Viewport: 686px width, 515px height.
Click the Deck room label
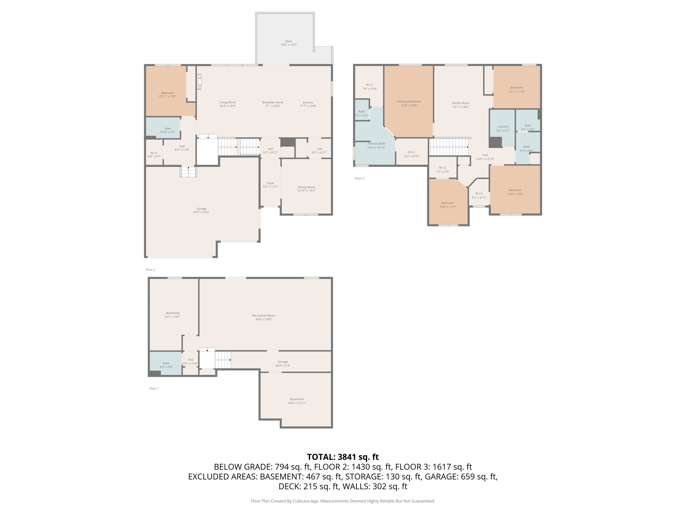click(288, 41)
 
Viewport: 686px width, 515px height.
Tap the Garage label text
click(201, 209)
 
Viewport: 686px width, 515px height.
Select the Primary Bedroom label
click(409, 102)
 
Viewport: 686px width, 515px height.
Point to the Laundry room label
click(503, 127)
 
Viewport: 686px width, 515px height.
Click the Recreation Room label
click(264, 316)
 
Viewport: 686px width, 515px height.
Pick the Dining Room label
click(306, 187)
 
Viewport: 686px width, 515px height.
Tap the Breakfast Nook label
click(273, 102)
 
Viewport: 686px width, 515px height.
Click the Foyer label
click(270, 183)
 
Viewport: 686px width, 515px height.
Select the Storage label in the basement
click(282, 362)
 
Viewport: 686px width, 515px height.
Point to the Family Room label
click(461, 103)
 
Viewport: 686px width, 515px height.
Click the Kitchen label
click(308, 102)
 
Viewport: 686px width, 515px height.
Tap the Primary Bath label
click(376, 144)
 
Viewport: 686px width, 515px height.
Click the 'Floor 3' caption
click(359, 178)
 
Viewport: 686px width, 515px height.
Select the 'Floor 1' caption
click(154, 389)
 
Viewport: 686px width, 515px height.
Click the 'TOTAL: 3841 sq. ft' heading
click(343, 457)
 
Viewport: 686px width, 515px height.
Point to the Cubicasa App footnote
click(343, 501)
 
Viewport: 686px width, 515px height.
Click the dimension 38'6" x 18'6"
click(264, 320)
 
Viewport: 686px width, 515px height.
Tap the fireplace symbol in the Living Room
click(199, 82)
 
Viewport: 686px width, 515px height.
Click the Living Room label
click(227, 102)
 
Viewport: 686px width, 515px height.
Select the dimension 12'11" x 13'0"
click(167, 97)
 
